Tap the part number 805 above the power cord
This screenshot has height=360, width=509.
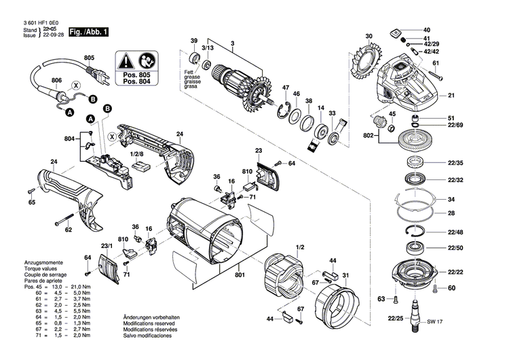(89, 58)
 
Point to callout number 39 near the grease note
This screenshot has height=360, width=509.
(193, 42)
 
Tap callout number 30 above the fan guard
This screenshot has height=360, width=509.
(369, 36)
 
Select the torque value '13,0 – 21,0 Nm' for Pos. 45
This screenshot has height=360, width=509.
(62, 288)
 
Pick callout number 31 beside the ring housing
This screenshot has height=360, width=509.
(345, 275)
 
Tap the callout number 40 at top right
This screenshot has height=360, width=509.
(426, 31)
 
